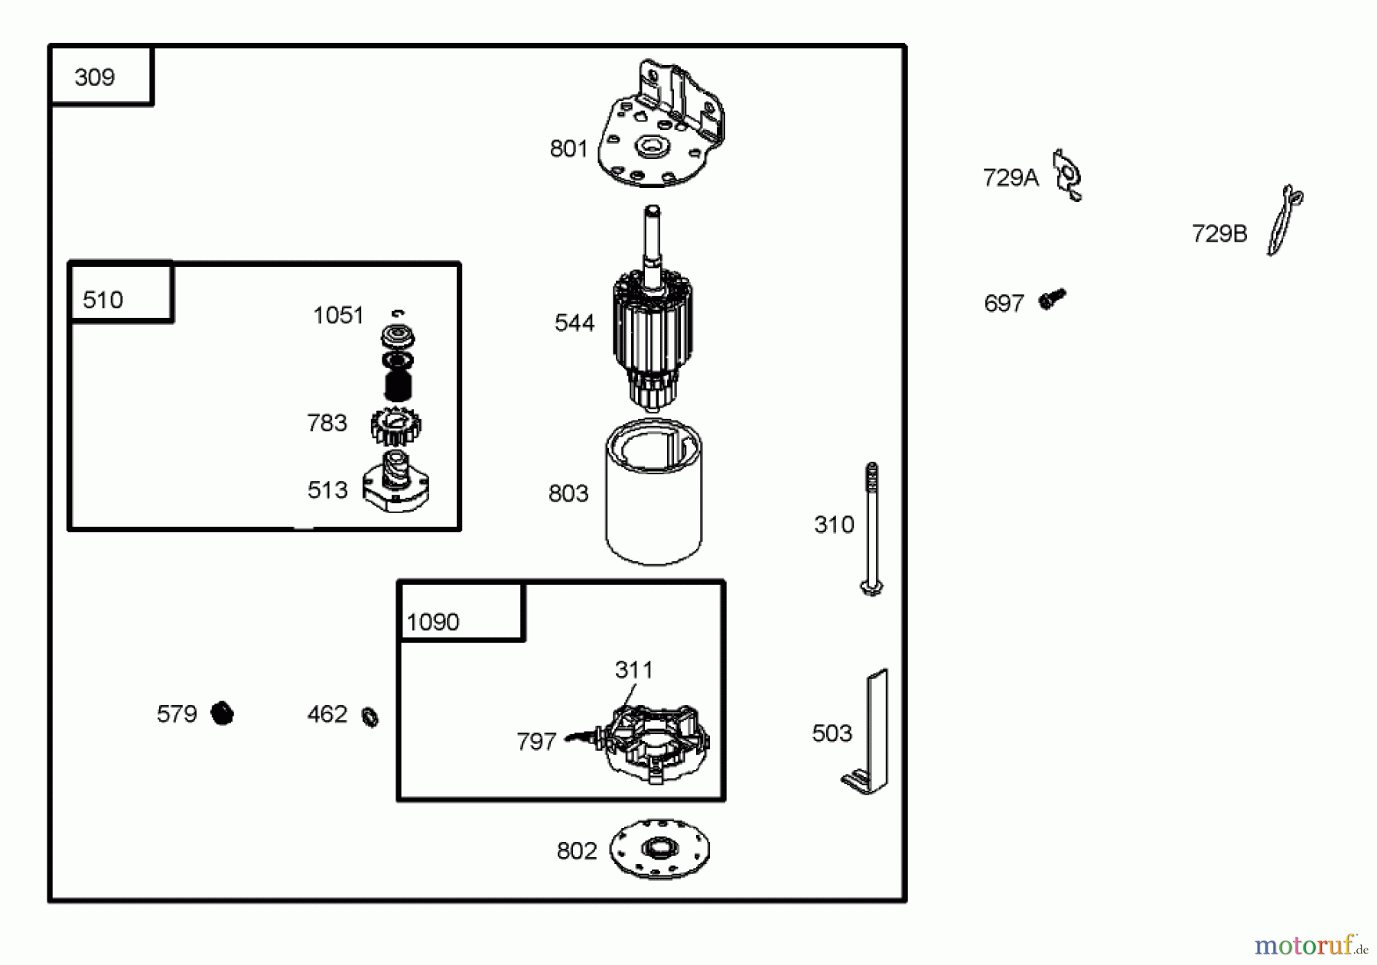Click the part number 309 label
(95, 77)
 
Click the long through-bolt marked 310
(871, 528)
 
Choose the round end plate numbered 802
(659, 849)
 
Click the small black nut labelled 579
(222, 713)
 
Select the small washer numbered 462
(370, 716)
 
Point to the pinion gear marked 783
(396, 427)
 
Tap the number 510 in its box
(103, 300)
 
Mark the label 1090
(433, 622)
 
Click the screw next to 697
(1052, 299)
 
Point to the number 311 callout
(633, 670)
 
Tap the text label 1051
(338, 315)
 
